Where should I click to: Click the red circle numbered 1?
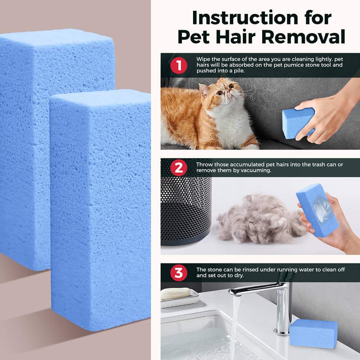(179, 66)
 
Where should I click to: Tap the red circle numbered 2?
(179, 168)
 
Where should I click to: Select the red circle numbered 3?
(179, 273)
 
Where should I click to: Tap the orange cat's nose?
(227, 90)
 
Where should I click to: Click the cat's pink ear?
(203, 90)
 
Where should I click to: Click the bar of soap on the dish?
(175, 294)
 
